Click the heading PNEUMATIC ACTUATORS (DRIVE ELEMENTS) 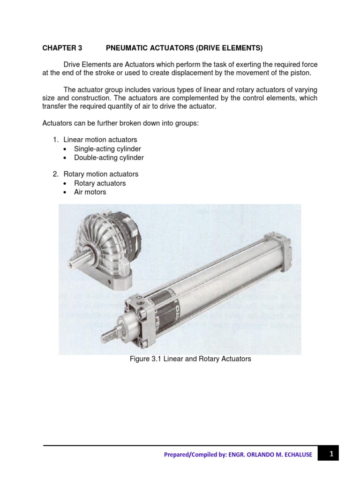point(184,48)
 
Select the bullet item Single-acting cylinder point(107,149)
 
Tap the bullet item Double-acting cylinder point(109,158)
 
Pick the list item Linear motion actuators point(100,140)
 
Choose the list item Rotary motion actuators point(101,174)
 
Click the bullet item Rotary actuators point(100,183)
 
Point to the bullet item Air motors point(90,192)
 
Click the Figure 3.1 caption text point(190,359)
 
